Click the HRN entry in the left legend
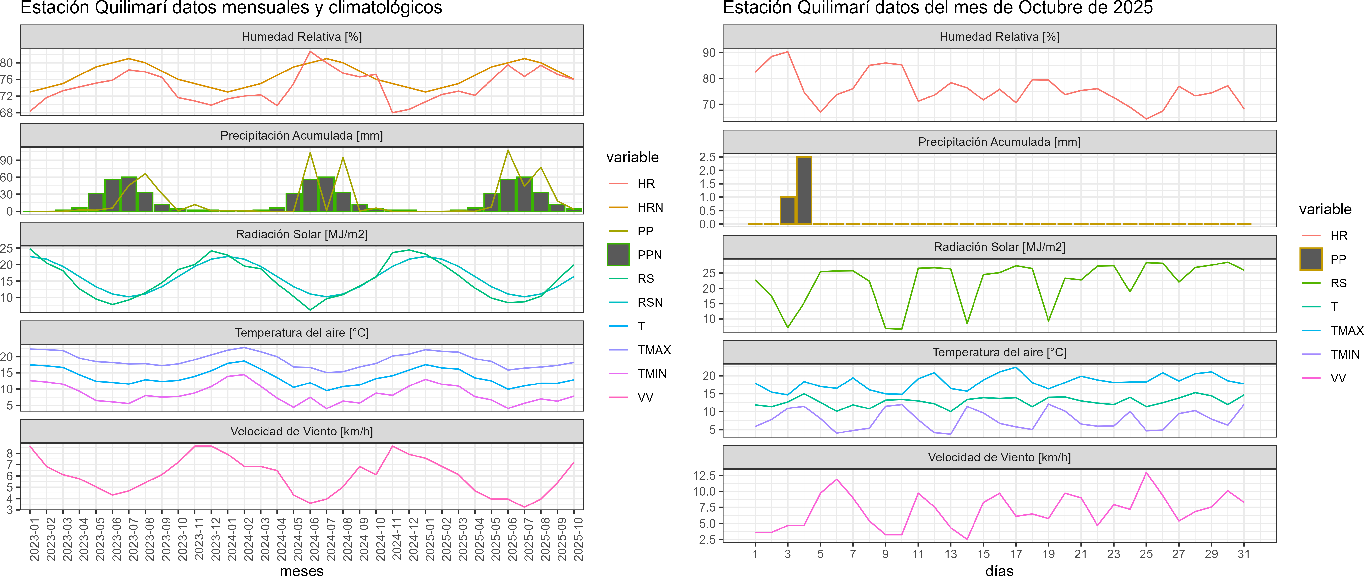tap(650, 208)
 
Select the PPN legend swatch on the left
tap(618, 255)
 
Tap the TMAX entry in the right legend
tap(1346, 331)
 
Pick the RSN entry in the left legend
tap(650, 302)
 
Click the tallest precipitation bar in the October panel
tap(804, 191)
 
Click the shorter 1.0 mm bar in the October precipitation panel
tap(787, 211)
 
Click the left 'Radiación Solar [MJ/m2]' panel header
tap(301, 234)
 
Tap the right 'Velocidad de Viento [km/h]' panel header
tap(999, 457)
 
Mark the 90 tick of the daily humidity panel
tap(709, 53)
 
